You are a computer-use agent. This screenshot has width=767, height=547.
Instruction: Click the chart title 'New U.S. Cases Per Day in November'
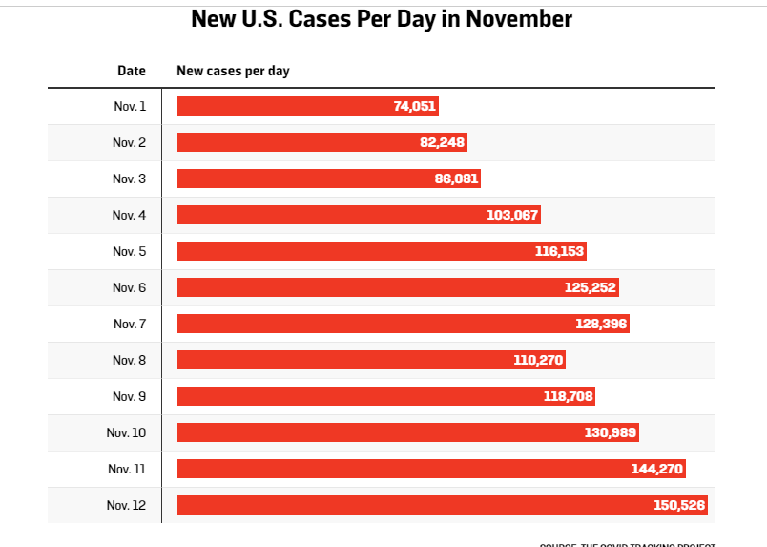tap(382, 19)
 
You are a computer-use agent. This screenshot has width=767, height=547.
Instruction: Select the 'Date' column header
tap(132, 71)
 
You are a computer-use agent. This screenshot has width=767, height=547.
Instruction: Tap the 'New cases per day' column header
tap(233, 71)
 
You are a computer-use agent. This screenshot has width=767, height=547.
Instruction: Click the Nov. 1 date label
tap(130, 106)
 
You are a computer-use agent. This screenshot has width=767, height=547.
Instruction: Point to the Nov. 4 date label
tap(129, 215)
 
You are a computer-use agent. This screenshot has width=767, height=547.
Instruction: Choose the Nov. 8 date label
tap(129, 360)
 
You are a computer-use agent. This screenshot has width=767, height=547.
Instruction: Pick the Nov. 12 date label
tap(127, 505)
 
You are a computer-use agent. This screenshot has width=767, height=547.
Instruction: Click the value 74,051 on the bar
tap(414, 106)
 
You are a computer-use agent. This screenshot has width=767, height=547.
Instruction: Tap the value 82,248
tap(443, 142)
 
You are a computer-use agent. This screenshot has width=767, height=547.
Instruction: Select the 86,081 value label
tap(456, 179)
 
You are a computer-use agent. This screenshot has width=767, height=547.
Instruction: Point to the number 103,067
tap(512, 215)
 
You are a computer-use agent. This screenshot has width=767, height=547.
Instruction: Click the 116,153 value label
tap(559, 251)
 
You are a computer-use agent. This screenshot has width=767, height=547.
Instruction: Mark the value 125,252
tap(591, 287)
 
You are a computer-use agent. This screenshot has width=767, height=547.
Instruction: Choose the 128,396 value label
tap(601, 324)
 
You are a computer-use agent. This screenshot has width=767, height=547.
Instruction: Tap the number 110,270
tap(539, 360)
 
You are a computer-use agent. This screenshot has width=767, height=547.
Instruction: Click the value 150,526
tap(679, 505)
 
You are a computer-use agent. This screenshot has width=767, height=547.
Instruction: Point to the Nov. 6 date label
tap(129, 287)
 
